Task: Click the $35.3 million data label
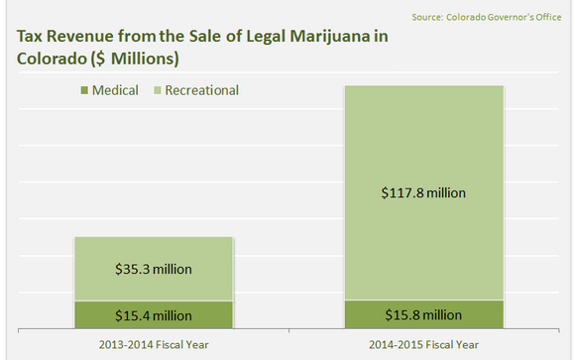pos(153,269)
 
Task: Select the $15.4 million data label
pos(153,315)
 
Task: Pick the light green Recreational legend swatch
pos(157,91)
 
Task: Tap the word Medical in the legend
pos(115,91)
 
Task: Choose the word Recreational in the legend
pos(203,91)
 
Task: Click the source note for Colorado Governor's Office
pos(492,17)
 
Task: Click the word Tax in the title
pos(29,37)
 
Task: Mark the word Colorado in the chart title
pos(48,58)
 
